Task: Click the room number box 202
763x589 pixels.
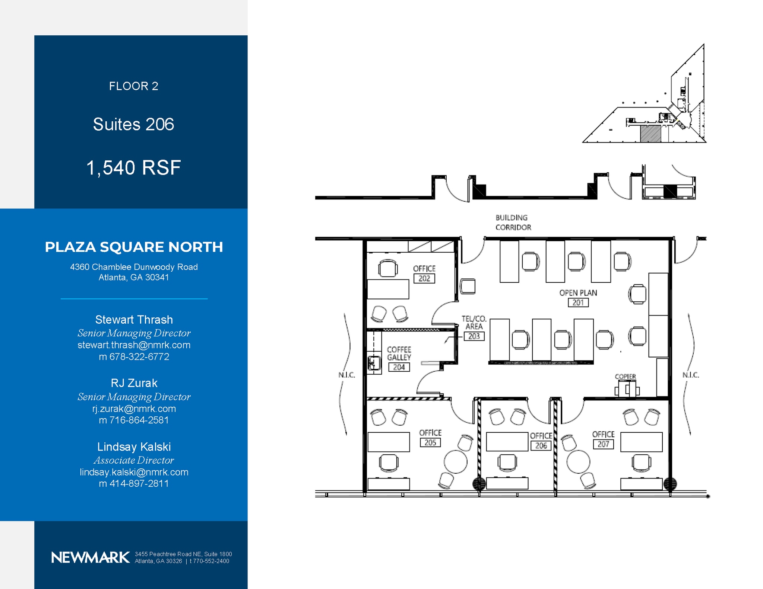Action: click(424, 278)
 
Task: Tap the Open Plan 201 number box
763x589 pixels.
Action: click(578, 302)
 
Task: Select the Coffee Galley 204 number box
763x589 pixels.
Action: click(399, 367)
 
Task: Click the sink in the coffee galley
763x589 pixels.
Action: click(374, 363)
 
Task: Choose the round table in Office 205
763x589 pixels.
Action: click(455, 462)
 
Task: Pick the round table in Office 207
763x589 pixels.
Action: click(578, 462)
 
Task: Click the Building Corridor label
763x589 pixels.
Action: click(513, 223)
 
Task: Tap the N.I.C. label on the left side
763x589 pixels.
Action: click(346, 375)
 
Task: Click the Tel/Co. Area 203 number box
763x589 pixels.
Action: click(474, 336)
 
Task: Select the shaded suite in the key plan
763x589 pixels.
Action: click(650, 134)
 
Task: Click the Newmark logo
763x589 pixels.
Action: click(91, 557)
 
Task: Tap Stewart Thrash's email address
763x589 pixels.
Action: click(134, 345)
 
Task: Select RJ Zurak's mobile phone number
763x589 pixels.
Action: click(134, 420)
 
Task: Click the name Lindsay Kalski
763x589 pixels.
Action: click(134, 446)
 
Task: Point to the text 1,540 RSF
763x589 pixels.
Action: click(133, 167)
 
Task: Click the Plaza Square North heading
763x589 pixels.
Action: click(134, 247)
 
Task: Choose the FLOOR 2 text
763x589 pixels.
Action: click(133, 86)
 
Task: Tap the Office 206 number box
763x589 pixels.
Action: click(541, 445)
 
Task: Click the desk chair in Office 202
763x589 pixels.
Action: click(387, 268)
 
